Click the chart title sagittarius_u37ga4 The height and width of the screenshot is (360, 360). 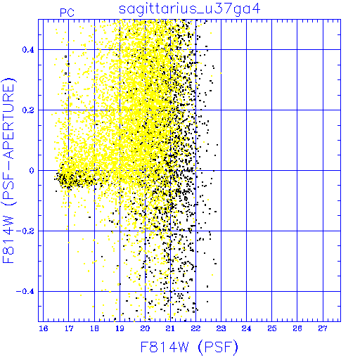pos(190,9)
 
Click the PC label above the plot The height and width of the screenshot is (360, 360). pos(67,13)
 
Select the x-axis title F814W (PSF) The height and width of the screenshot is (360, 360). pos(189,347)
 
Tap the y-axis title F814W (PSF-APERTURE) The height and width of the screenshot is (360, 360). pos(9,171)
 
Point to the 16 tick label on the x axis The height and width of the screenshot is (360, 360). pos(44,328)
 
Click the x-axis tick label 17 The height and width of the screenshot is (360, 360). pos(69,328)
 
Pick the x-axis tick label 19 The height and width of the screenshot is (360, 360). pos(120,328)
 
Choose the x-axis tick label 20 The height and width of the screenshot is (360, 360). pos(145,328)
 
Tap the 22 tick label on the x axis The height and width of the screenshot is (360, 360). pos(195,328)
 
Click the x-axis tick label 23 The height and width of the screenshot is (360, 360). pos(221,328)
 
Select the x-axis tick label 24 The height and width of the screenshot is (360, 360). pos(246,328)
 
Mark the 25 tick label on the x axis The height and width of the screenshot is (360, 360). pos(272,328)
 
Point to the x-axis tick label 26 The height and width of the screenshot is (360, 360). pos(297,328)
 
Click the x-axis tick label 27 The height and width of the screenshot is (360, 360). pos(323,328)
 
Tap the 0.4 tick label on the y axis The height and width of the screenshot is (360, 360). pos(28,50)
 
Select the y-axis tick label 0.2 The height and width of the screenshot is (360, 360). pos(28,110)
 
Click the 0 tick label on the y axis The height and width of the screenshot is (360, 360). pos(32,171)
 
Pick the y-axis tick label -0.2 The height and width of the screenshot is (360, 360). pos(25,231)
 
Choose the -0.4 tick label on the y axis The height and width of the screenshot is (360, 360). pos(25,292)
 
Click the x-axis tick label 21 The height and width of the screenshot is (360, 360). pos(170,328)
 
